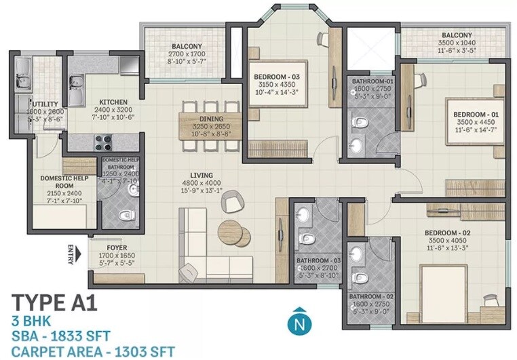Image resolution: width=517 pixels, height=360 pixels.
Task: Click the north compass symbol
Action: click(x=296, y=323)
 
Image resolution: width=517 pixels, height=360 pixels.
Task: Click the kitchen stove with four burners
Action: click(x=103, y=142)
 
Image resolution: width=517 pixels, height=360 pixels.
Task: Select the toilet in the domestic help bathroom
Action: click(x=126, y=216)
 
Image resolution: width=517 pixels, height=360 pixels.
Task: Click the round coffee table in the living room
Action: click(x=229, y=231)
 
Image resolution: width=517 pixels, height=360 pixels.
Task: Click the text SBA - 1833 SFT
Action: click(x=62, y=335)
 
